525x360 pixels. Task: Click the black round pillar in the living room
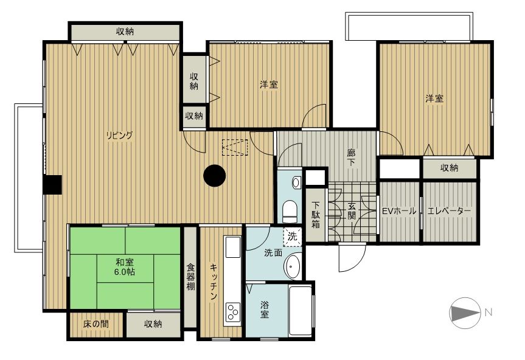215,176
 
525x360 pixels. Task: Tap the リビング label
119,136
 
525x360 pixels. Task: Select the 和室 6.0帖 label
125,266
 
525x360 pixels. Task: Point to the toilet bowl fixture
290,212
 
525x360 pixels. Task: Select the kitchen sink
233,247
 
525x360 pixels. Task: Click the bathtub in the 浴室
300,310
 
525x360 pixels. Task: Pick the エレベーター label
449,211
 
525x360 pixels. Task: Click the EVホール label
400,211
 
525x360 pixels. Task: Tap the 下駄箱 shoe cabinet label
315,215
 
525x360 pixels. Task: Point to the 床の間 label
96,324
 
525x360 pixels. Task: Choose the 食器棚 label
190,277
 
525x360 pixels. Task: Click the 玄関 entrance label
351,211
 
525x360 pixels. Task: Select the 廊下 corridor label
351,158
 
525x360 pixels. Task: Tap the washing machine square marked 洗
292,237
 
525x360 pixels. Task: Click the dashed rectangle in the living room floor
235,148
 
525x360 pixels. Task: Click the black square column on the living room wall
53,185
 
